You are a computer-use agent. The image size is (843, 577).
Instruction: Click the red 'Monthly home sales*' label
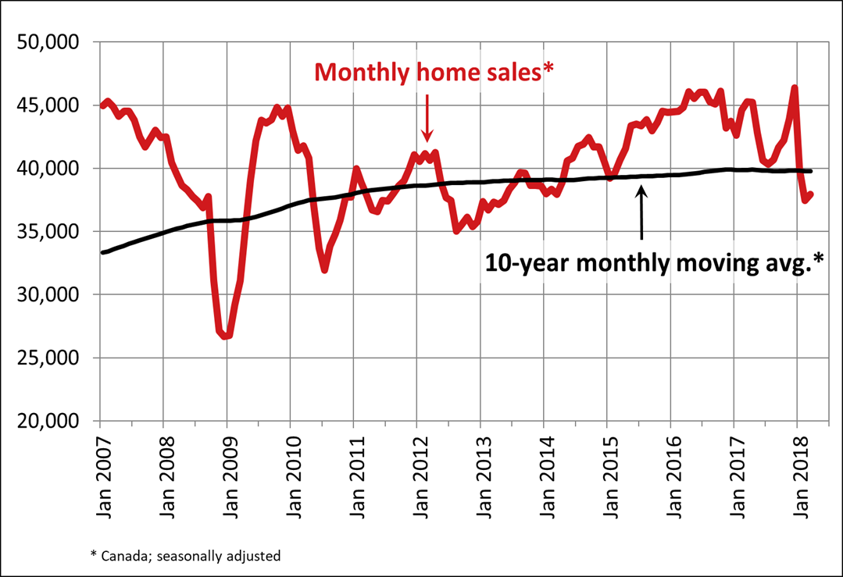436,73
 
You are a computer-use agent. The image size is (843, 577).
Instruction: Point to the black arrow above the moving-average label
641,212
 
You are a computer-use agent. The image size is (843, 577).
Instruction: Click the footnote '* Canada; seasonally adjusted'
185,556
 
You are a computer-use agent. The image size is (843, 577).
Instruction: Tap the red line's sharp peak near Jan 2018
795,87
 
